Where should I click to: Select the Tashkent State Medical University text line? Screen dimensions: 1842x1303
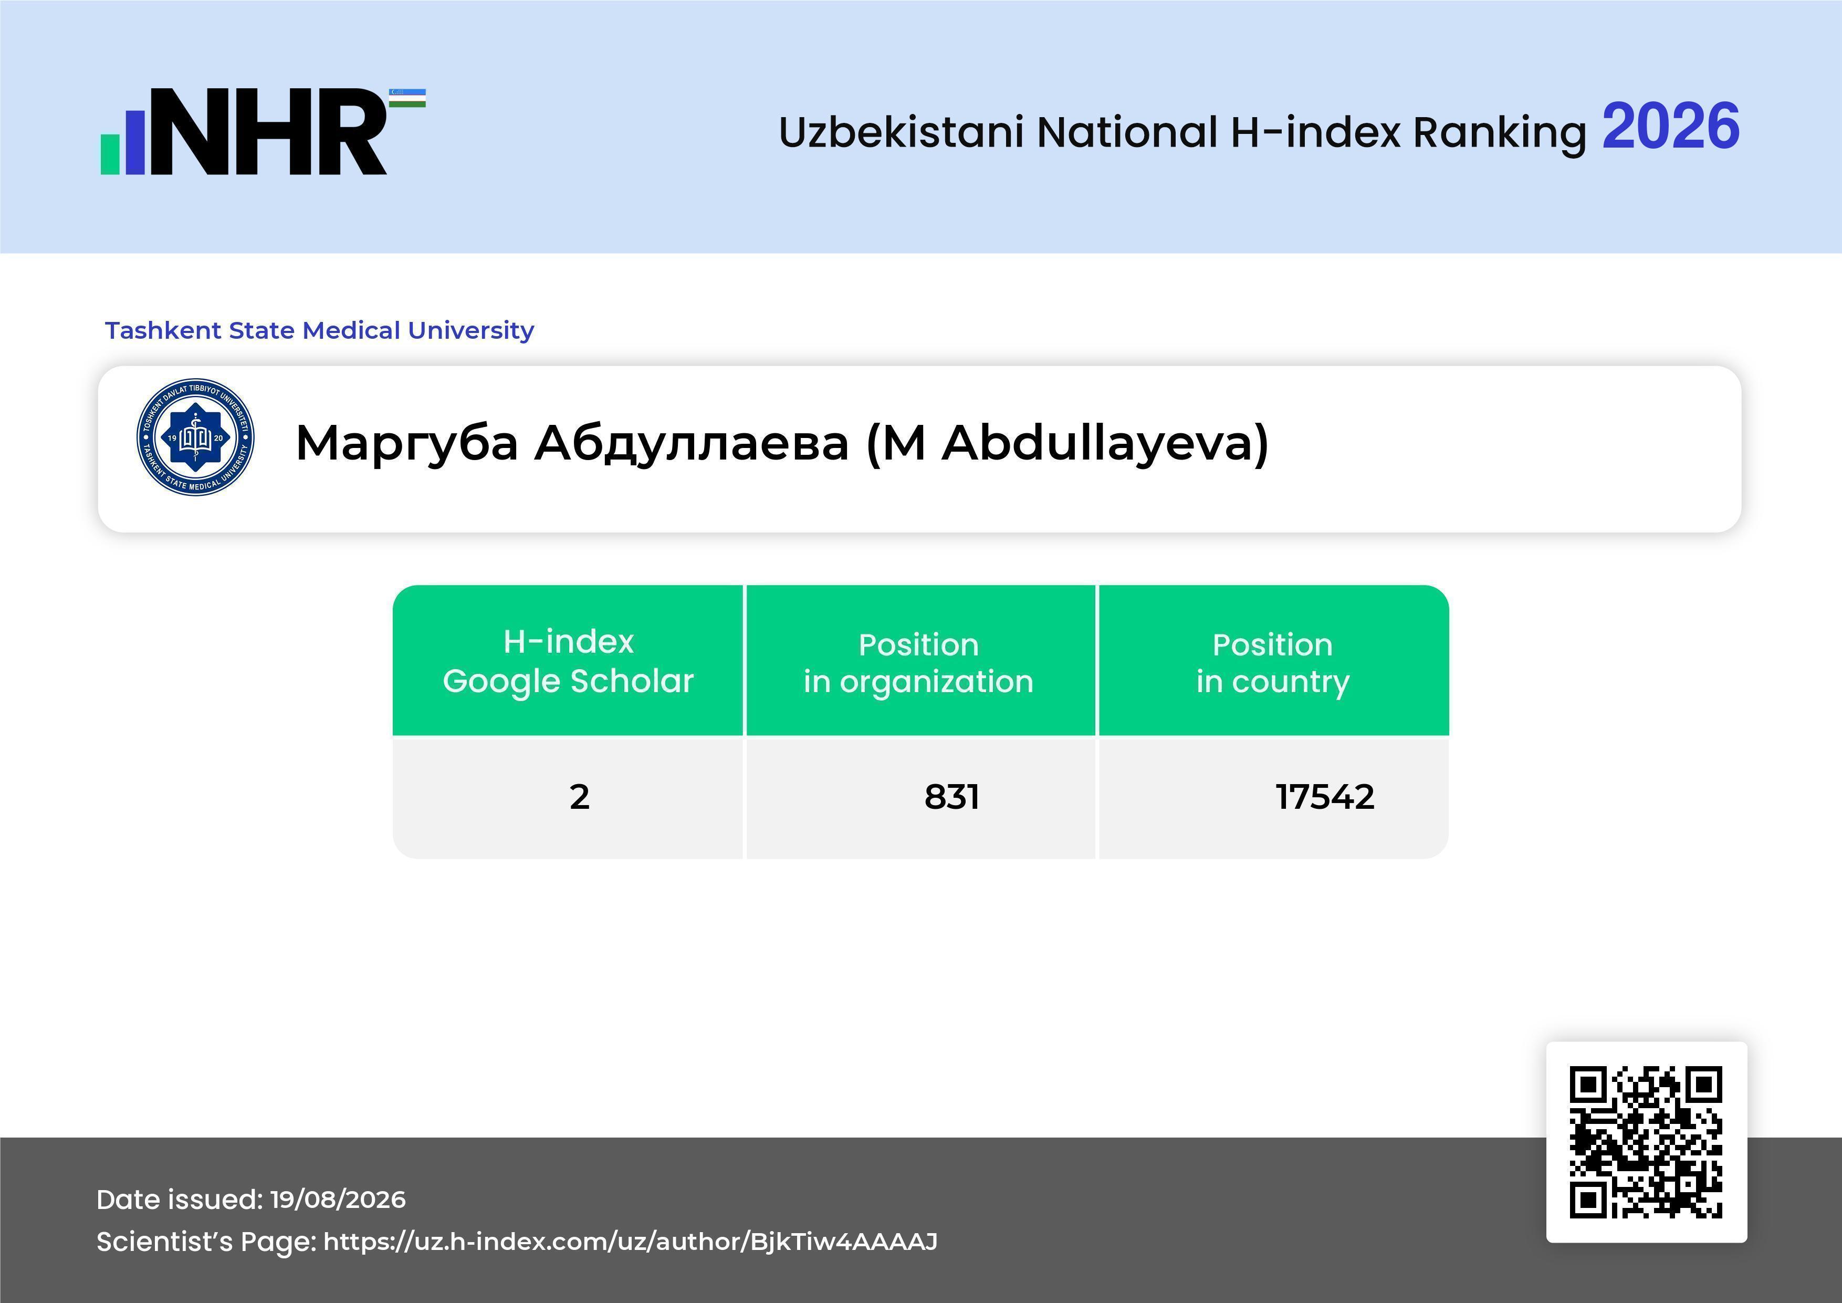(319, 330)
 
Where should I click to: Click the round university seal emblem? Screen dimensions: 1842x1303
(196, 437)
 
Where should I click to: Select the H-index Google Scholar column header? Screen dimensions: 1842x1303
(568, 661)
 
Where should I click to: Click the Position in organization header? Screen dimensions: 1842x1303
(918, 663)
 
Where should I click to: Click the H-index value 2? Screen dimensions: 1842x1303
(579, 797)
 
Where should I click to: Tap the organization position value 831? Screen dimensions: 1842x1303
(951, 797)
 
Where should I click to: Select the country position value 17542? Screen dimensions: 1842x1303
(1325, 797)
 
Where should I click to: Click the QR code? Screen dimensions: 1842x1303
(1646, 1142)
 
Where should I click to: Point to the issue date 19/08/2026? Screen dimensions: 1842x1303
(338, 1200)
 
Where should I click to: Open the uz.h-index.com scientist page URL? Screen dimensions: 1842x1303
(631, 1242)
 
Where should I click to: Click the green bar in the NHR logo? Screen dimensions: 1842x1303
(110, 154)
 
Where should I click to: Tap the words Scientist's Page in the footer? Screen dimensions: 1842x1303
(206, 1242)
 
